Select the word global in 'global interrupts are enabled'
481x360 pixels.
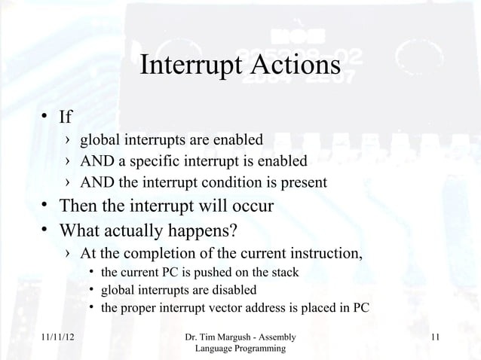coord(100,140)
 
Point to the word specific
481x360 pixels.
coord(153,161)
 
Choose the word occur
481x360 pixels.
coord(251,206)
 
